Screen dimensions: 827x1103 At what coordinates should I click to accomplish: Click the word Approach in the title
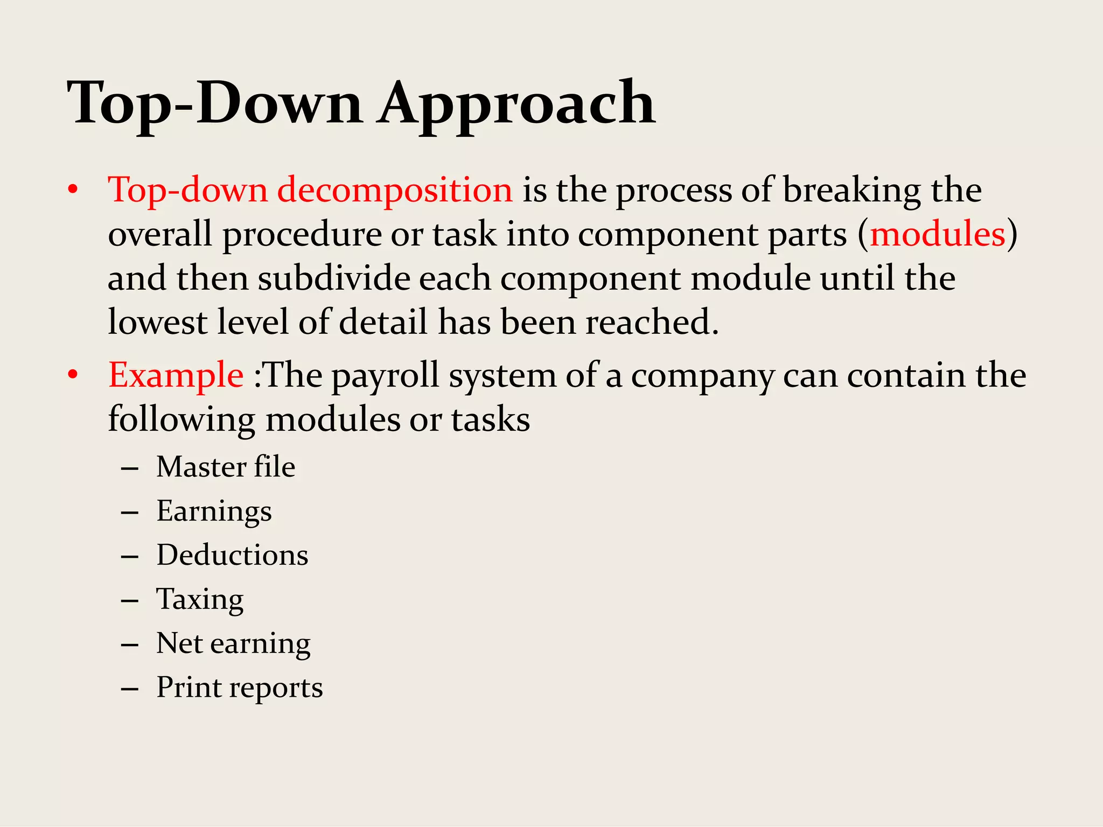click(516, 103)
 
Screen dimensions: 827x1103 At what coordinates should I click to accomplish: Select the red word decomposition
click(395, 191)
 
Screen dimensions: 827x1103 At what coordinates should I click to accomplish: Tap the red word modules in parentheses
click(938, 235)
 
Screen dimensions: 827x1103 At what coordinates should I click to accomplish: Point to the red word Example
click(176, 375)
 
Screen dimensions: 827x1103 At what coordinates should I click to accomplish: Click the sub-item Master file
click(226, 467)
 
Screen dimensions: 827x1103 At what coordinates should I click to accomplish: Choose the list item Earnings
click(214, 511)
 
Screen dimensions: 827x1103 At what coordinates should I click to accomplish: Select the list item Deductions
click(232, 555)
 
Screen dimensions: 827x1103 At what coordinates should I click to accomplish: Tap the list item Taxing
click(200, 600)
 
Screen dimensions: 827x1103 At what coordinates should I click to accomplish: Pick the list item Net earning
click(233, 644)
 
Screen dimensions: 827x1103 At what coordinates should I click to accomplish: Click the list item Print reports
click(240, 688)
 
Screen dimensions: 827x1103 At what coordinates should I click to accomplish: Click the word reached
click(652, 323)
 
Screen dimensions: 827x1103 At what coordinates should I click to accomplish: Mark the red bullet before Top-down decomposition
click(74, 191)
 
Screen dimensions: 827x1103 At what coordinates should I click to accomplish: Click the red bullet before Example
click(74, 375)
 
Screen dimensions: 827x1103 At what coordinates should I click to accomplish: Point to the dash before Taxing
click(130, 600)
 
